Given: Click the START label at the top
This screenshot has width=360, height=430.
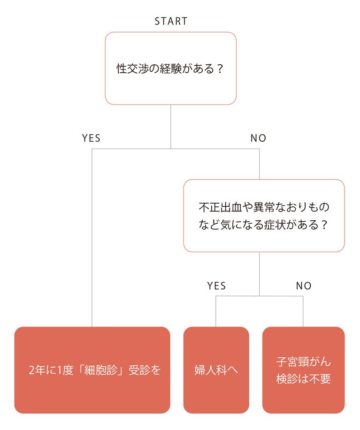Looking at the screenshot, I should pyautogui.click(x=171, y=21).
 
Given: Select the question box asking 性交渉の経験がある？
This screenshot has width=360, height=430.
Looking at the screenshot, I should pyautogui.click(x=170, y=68).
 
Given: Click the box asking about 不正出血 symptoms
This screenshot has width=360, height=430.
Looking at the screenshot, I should pyautogui.click(x=264, y=216).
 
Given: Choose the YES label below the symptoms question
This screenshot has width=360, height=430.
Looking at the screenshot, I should pyautogui.click(x=216, y=286).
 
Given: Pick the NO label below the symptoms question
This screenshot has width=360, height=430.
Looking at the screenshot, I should pyautogui.click(x=304, y=286).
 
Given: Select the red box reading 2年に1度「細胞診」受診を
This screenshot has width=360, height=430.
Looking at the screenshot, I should pyautogui.click(x=92, y=370).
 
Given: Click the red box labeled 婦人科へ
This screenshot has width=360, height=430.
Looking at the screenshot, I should pyautogui.click(x=216, y=370).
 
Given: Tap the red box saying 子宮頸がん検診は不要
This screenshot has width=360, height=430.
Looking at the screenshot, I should pyautogui.click(x=303, y=370).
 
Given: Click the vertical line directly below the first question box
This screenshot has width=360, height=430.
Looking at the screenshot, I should pyautogui.click(x=171, y=127).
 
